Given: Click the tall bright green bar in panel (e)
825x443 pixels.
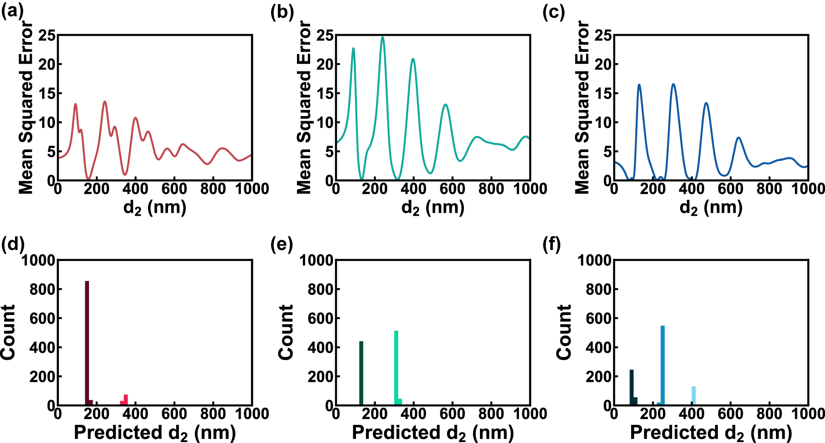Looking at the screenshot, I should click(x=396, y=368).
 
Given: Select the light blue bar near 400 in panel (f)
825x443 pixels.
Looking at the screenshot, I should click(x=693, y=395).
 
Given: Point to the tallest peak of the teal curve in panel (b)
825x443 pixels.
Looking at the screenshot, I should click(x=382, y=37).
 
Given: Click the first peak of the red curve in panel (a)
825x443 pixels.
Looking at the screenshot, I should click(x=75, y=104).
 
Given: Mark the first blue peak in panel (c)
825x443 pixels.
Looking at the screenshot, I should click(x=639, y=85).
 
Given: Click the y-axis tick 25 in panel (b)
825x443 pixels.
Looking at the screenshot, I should click(x=325, y=35).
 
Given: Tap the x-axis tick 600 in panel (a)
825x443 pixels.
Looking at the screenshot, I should click(x=174, y=188).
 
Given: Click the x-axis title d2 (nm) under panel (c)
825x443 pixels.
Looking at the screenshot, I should click(x=711, y=207).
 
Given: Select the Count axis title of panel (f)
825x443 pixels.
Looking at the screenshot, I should click(x=563, y=332).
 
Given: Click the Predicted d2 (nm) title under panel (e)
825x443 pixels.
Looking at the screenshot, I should click(x=433, y=433).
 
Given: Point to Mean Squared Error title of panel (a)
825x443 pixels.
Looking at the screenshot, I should click(x=26, y=108).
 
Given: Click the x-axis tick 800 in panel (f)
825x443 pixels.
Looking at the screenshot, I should click(x=770, y=413).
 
